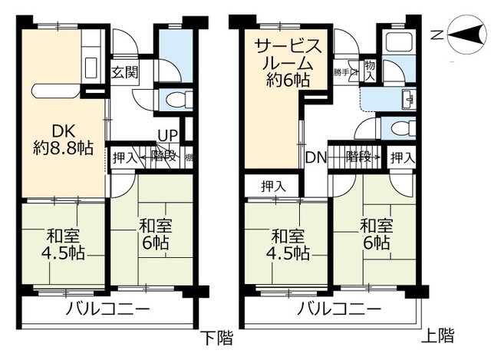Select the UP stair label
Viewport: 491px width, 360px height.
(x=167, y=136)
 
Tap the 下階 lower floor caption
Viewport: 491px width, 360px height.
(x=217, y=337)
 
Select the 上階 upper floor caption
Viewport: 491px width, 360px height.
(x=438, y=335)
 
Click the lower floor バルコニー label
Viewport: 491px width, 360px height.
(x=108, y=310)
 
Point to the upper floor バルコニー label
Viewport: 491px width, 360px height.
(x=338, y=310)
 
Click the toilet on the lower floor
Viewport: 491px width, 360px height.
(x=174, y=97)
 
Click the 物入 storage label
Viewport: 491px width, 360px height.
(x=370, y=70)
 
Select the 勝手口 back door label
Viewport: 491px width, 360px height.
(x=342, y=73)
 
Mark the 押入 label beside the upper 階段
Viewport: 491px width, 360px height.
(x=401, y=157)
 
